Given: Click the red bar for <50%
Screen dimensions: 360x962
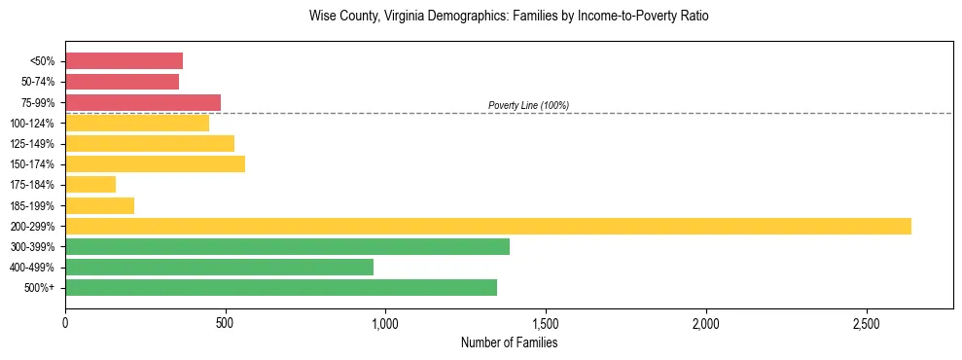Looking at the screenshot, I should [x=124, y=61].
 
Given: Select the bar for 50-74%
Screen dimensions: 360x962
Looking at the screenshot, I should [x=122, y=82].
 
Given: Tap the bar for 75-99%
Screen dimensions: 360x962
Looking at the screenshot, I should [x=143, y=102].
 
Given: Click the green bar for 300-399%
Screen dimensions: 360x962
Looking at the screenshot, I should [x=287, y=246].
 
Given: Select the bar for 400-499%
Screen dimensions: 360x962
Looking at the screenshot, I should [x=219, y=267].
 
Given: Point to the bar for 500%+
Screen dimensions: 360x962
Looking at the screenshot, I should [x=281, y=287].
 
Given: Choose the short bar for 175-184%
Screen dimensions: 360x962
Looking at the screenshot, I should [x=90, y=184].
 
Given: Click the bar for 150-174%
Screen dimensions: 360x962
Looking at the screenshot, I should [x=155, y=163].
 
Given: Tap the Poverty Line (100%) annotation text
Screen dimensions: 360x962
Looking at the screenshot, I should [x=528, y=105].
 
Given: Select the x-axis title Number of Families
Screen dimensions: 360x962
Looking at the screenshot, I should [x=509, y=342].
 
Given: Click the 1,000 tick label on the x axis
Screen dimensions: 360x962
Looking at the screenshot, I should [x=385, y=322].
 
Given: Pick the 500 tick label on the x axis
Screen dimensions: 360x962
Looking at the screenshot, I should [x=225, y=322].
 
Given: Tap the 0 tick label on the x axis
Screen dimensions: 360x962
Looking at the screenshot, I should [x=65, y=322].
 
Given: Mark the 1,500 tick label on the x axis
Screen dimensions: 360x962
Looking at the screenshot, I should [x=546, y=322].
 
